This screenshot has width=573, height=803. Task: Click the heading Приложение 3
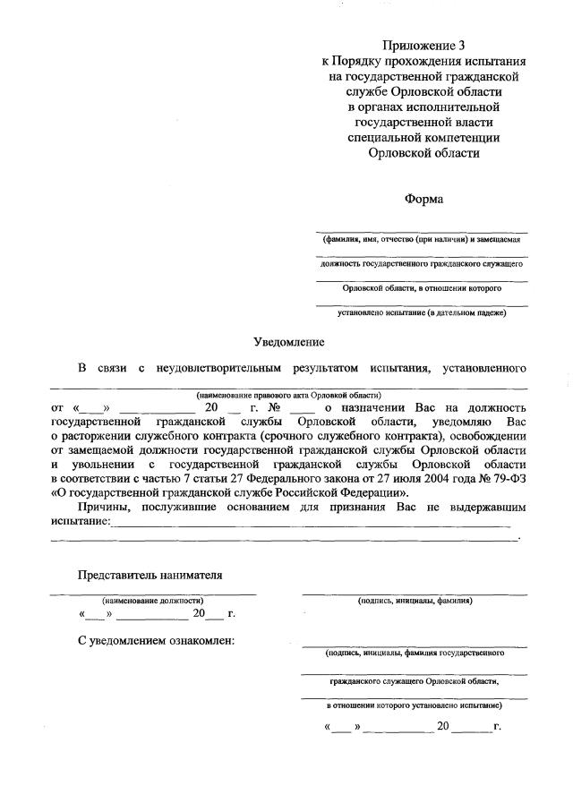pos(423,45)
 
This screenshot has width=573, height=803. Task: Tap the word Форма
pos(423,199)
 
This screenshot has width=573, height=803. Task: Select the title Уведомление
pos(287,342)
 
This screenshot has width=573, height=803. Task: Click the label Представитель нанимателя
pos(150,575)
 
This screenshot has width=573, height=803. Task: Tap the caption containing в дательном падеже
pos(423,312)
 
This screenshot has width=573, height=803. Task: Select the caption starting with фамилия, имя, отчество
pos(423,240)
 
